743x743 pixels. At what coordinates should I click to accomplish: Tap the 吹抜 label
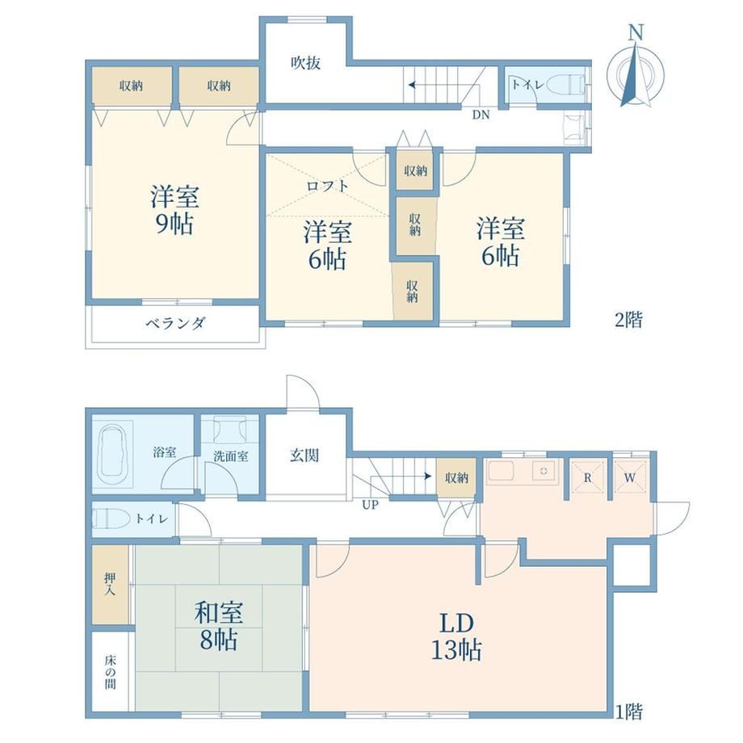click(305, 62)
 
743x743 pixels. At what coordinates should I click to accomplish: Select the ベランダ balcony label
click(175, 324)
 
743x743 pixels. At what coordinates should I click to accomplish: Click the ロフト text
click(327, 186)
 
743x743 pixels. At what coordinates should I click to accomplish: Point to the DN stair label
click(481, 115)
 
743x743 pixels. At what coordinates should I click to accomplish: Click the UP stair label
click(370, 505)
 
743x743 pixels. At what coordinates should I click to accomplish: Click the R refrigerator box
click(588, 477)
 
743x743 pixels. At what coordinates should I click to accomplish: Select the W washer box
click(630, 477)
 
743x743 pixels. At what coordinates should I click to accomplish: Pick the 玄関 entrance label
click(304, 455)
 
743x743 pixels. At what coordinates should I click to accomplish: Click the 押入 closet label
click(110, 584)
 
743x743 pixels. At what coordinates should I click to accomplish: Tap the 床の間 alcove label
click(110, 672)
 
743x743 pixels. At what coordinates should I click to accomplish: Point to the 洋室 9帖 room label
click(174, 210)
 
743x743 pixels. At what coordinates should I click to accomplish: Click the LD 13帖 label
click(456, 637)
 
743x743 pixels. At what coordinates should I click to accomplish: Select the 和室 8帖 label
click(218, 625)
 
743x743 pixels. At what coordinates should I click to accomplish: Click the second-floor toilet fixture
click(566, 85)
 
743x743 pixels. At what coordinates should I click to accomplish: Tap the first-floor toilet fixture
click(110, 518)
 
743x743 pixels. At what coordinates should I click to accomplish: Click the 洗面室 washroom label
click(231, 457)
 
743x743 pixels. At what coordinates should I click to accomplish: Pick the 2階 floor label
click(628, 321)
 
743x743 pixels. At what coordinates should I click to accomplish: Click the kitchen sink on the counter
click(543, 471)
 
